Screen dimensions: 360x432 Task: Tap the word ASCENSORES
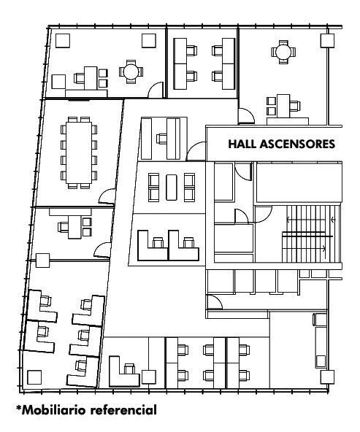click(x=298, y=144)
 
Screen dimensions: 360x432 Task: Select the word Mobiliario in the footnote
click(x=54, y=409)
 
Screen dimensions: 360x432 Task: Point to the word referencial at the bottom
click(x=123, y=409)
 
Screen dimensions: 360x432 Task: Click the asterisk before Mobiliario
click(x=19, y=407)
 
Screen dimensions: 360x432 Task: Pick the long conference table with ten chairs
click(x=79, y=153)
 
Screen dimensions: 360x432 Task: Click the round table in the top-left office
click(x=131, y=72)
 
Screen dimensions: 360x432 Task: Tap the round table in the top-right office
click(x=283, y=52)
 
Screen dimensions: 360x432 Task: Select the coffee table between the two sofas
click(x=172, y=188)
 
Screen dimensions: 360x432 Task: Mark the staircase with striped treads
click(x=312, y=234)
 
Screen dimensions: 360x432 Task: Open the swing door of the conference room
click(x=107, y=197)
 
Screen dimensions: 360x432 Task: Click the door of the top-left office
click(x=156, y=90)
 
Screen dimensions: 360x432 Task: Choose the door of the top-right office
click(x=246, y=116)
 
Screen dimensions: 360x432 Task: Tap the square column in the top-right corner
click(x=327, y=41)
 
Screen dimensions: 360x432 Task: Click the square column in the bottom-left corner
click(x=34, y=377)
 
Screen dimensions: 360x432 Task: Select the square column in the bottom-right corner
click(x=327, y=377)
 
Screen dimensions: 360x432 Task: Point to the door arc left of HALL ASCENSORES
click(x=196, y=151)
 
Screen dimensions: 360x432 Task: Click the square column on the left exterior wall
click(x=43, y=261)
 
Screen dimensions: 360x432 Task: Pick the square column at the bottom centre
click(x=149, y=377)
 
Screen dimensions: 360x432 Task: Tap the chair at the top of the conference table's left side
click(x=64, y=129)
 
